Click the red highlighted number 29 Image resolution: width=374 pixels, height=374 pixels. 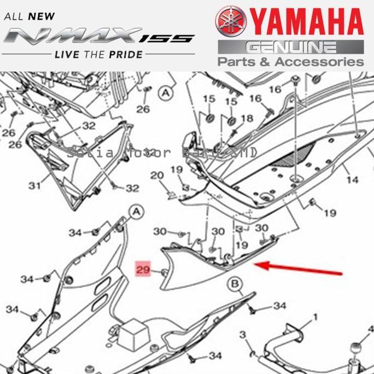[x=143, y=270]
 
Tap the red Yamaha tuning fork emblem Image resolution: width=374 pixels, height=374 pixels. [x=231, y=21]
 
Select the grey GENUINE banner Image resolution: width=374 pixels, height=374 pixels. [x=290, y=46]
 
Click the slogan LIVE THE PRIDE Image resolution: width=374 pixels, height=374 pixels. [x=98, y=54]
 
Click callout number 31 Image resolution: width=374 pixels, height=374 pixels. [x=35, y=186]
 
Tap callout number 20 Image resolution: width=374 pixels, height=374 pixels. [x=157, y=176]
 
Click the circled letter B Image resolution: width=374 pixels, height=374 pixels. [x=235, y=283]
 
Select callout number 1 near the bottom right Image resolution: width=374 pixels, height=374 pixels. [x=315, y=317]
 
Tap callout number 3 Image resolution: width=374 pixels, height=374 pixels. [x=243, y=334]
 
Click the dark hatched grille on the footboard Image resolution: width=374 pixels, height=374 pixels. [x=295, y=154]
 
